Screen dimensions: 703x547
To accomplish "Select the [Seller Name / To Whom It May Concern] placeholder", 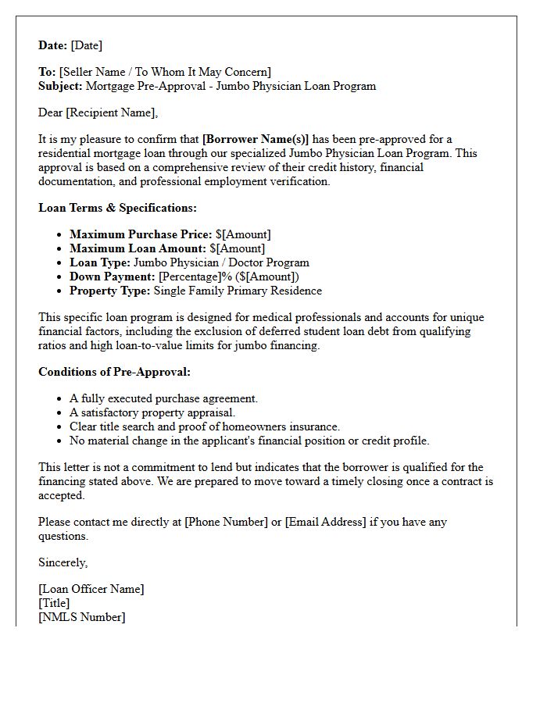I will point(165,72).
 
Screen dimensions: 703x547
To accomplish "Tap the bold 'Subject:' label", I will point(60,86).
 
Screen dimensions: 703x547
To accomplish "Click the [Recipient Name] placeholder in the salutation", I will point(111,112).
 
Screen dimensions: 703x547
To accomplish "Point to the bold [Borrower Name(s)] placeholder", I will point(256,139).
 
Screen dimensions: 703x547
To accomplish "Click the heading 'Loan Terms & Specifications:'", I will point(117,208).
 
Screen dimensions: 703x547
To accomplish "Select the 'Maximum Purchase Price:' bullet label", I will point(141,234).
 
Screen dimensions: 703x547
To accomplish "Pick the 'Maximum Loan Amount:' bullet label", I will point(138,248).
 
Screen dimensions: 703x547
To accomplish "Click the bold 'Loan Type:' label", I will point(100,262).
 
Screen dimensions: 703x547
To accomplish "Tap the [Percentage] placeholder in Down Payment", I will point(188,277).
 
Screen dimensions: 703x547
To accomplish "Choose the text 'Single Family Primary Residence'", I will point(238,291).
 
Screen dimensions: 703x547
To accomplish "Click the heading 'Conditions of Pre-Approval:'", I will point(114,372).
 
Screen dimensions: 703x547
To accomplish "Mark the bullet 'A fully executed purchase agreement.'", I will point(163,398).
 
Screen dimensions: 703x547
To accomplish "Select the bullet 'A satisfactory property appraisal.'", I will point(152,412).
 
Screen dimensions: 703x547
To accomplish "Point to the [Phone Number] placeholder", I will point(226,522).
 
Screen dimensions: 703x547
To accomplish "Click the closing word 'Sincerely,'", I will point(63,562).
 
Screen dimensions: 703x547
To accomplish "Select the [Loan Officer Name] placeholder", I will point(91,589).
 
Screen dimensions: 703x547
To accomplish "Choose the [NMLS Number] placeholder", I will point(81,617).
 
